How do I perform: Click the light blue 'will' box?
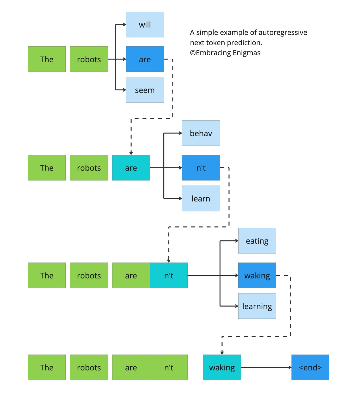[145, 25]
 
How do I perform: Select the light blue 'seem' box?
[145, 90]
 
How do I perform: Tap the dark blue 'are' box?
[145, 59]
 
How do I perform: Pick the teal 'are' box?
[131, 168]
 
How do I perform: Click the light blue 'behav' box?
[201, 133]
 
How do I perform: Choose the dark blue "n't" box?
[201, 168]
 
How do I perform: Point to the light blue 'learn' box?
[201, 199]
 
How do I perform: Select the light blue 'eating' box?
[257, 241]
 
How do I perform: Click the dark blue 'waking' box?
[257, 275]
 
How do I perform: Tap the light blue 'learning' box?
[257, 306]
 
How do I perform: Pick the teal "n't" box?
[169, 275]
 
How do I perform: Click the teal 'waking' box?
[222, 367]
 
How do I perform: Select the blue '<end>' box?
[310, 367]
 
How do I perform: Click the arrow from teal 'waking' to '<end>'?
[266, 367]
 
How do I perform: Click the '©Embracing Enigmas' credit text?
[225, 53]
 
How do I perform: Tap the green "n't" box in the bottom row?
[169, 367]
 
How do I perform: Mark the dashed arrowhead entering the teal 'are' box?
[131, 153]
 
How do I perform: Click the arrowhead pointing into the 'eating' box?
[236, 241]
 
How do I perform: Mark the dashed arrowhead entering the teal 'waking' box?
[222, 353]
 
